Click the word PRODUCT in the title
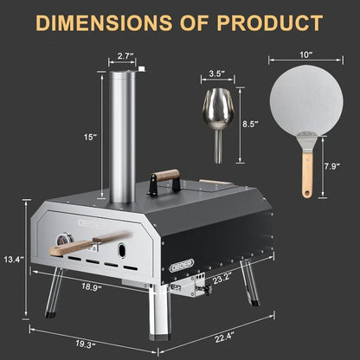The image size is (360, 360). [x=265, y=22]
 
